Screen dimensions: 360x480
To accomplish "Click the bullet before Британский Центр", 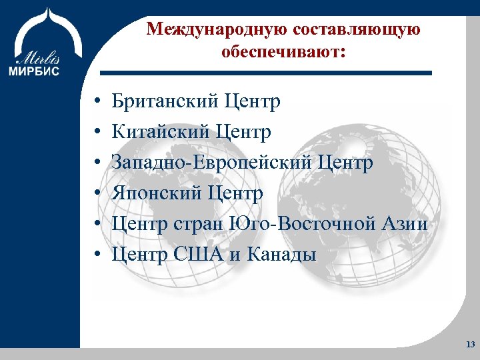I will pos(97,103).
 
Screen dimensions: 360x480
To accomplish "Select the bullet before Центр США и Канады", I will pos(97,255).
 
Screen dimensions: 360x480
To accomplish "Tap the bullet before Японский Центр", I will pos(97,195).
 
